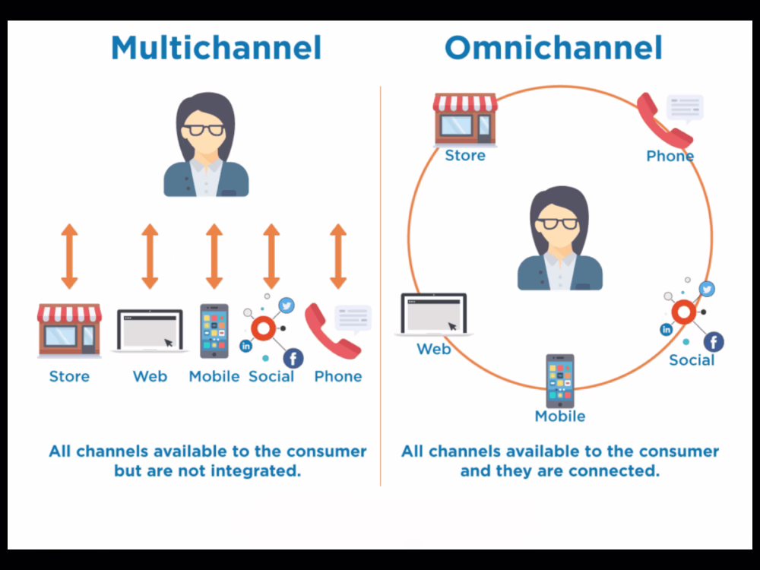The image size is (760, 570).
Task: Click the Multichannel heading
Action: tap(216, 48)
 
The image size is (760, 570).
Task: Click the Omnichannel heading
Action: tap(553, 48)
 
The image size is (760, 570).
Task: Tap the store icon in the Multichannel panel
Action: tap(69, 331)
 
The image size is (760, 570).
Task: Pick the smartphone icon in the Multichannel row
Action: tap(214, 331)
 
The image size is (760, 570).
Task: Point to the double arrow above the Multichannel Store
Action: tap(69, 256)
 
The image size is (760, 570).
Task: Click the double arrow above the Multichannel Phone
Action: tap(338, 256)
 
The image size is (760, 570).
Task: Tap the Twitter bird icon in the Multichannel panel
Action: tap(286, 305)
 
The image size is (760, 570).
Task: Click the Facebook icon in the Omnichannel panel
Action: tap(714, 342)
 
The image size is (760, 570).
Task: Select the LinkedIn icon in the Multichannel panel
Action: tap(245, 346)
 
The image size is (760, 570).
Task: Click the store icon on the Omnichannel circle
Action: tap(465, 119)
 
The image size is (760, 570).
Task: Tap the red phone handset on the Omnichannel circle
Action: tap(663, 120)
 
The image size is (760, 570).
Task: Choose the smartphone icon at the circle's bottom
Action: tap(560, 381)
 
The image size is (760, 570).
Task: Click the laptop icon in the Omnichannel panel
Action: tap(434, 314)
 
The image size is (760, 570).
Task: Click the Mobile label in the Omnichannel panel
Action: tap(560, 416)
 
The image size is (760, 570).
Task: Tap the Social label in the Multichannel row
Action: tap(271, 376)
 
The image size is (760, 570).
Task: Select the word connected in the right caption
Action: tap(611, 470)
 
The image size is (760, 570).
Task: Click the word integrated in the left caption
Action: tap(254, 470)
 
